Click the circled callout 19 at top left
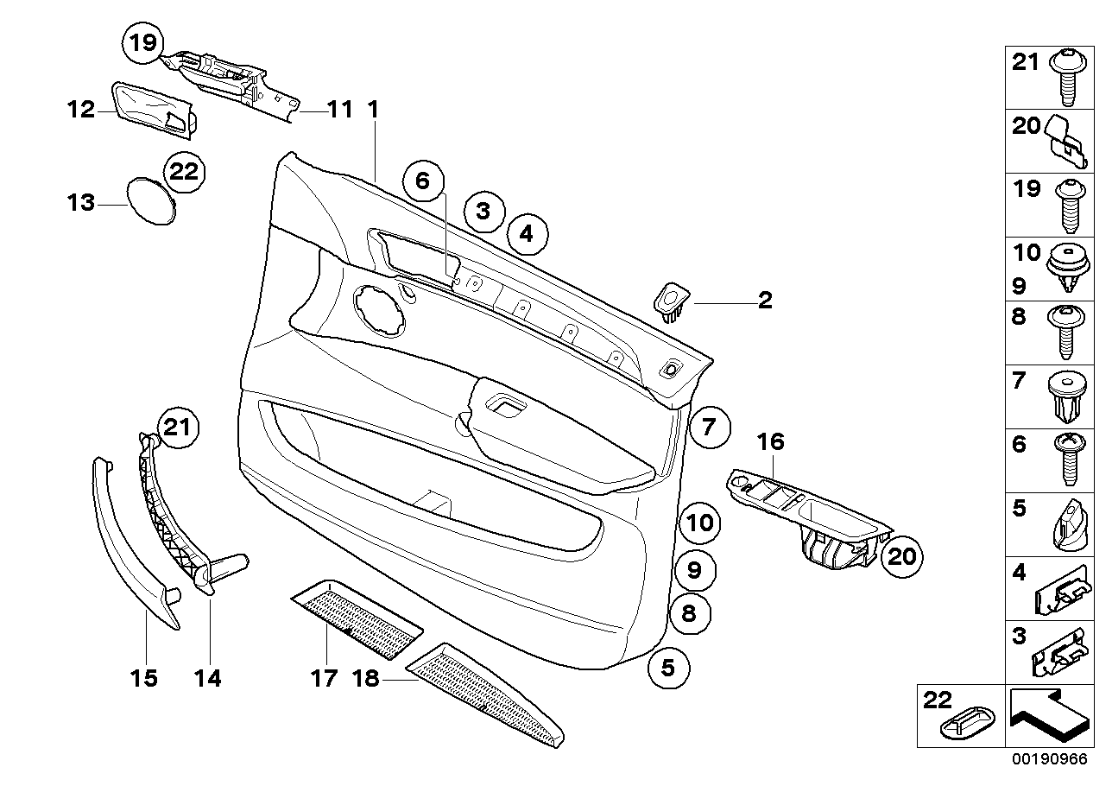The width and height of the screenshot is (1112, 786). click(144, 43)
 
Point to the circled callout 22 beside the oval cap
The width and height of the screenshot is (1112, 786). click(184, 171)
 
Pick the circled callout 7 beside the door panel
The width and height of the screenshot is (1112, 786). click(709, 427)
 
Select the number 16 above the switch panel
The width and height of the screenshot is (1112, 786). click(771, 442)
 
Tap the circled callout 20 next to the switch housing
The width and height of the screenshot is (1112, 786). click(901, 556)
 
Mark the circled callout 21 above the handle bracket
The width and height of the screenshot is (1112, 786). click(177, 427)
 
